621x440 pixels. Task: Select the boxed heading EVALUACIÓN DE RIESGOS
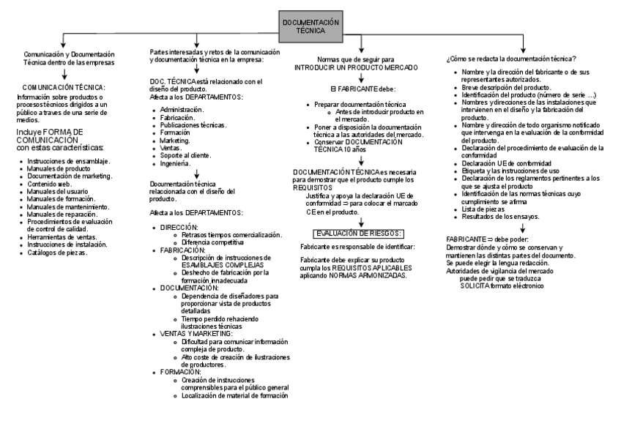click(358, 233)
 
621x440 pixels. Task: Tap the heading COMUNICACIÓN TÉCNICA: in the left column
click(64, 87)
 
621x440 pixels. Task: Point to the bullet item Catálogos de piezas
click(58, 253)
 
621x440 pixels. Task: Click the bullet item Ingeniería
click(177, 163)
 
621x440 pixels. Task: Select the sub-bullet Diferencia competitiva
click(212, 242)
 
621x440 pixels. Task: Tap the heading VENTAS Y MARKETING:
click(196, 333)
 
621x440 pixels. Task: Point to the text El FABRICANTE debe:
click(362, 89)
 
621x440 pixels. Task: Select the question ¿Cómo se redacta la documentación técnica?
click(510, 59)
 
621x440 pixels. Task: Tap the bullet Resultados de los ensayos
click(501, 217)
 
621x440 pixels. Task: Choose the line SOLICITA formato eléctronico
click(505, 285)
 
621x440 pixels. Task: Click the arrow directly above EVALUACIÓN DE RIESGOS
click(361, 222)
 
